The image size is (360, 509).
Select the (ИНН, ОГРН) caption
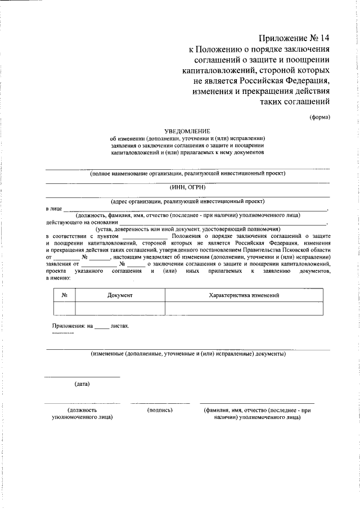coord(187,187)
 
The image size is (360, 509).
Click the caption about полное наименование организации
coord(188,173)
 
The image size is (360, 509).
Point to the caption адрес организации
coord(187,201)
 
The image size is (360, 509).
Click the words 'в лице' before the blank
coord(53,208)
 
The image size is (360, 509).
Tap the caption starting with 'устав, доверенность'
coord(188,229)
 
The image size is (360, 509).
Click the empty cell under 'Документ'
coord(120,308)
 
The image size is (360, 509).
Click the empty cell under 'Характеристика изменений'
coord(244,308)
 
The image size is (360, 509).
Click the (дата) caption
coord(82,384)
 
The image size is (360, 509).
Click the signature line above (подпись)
coord(160,403)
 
